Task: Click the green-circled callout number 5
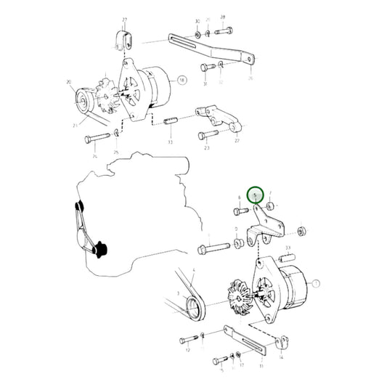click(x=255, y=195)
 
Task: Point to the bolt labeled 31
click(x=205, y=67)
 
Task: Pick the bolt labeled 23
click(x=206, y=132)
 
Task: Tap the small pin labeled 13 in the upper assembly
click(x=170, y=121)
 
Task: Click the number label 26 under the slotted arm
click(x=251, y=78)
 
